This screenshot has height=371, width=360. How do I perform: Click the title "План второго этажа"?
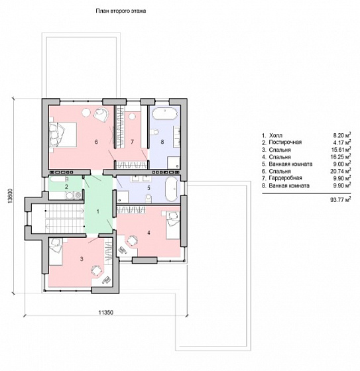tap(121, 11)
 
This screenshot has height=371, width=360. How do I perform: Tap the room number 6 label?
tap(96, 142)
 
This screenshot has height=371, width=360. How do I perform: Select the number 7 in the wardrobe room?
tap(132, 142)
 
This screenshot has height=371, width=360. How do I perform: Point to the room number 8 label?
tap(162, 142)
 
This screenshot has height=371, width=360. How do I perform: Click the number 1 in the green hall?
tap(98, 211)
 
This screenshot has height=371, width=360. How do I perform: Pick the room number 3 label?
tap(82, 259)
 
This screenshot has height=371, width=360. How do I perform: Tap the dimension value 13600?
tap(10, 195)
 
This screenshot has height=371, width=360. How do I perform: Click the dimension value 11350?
tap(106, 313)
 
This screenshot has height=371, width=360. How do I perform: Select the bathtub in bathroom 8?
tap(165, 114)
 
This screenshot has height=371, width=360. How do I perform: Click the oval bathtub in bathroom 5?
tap(172, 189)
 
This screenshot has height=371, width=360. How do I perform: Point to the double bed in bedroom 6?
tap(63, 135)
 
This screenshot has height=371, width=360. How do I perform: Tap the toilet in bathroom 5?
tap(149, 198)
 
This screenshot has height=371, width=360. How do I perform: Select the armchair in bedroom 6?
tap(101, 114)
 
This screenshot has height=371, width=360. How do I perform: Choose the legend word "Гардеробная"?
tap(285, 178)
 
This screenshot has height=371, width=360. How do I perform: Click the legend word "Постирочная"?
tap(285, 142)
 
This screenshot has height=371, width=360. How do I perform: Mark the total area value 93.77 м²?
tap(341, 199)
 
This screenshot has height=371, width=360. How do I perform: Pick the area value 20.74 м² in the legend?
tap(341, 171)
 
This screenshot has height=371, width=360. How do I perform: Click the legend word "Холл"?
tap(276, 136)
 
